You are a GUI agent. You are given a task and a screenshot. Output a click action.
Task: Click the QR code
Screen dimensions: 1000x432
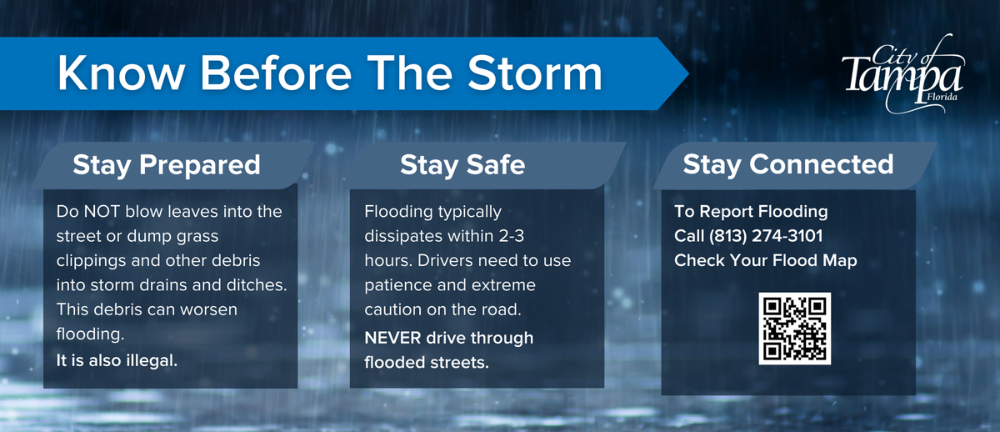pyautogui.click(x=795, y=329)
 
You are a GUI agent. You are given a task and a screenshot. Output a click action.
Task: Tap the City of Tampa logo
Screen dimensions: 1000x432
pyautogui.click(x=902, y=73)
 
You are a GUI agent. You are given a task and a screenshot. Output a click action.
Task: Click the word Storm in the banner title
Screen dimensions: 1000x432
pyautogui.click(x=535, y=73)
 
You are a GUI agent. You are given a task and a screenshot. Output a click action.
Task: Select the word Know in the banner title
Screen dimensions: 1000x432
pyautogui.click(x=121, y=73)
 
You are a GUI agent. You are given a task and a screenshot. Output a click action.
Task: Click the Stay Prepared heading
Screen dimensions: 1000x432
pyautogui.click(x=167, y=165)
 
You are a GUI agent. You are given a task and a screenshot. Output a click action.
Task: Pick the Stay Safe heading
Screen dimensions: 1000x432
pyautogui.click(x=462, y=165)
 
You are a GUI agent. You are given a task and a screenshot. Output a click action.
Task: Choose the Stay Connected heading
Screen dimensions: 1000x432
pyautogui.click(x=788, y=164)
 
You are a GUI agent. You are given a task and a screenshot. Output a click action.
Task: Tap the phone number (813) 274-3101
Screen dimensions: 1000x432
pyautogui.click(x=766, y=236)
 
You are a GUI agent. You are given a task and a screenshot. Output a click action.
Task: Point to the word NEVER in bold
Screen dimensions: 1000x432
pyautogui.click(x=392, y=339)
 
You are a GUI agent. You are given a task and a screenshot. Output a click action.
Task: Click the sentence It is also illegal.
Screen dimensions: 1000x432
pyautogui.click(x=117, y=360)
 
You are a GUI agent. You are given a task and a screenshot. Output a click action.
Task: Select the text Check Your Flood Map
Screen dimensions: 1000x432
pyautogui.click(x=766, y=260)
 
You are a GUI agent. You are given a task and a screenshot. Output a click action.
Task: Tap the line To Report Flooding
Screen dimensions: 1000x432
pyautogui.click(x=751, y=211)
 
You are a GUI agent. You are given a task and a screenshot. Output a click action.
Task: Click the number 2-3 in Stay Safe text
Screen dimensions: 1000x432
pyautogui.click(x=512, y=236)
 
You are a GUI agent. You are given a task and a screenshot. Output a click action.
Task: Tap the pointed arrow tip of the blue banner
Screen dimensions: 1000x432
pyautogui.click(x=688, y=73)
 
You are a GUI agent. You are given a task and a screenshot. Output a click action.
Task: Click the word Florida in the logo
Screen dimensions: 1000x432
pyautogui.click(x=942, y=97)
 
